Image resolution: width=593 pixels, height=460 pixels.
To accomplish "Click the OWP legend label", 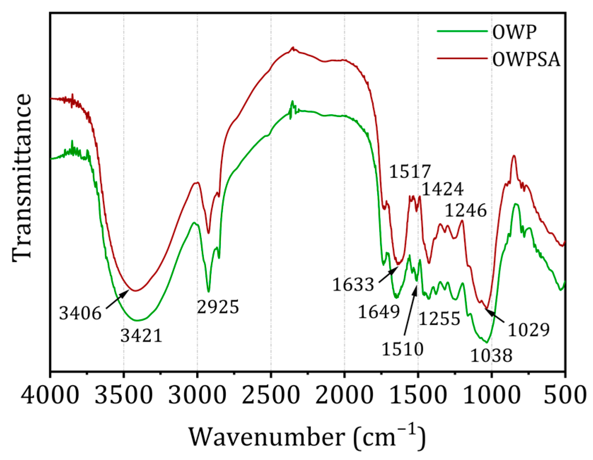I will pyautogui.click(x=515, y=32).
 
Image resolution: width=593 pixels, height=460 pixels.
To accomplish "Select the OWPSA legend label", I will pyautogui.click(x=526, y=59).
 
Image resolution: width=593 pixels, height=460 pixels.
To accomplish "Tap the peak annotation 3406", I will pyautogui.click(x=80, y=313).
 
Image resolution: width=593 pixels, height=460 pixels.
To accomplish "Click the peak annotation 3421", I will pyautogui.click(x=141, y=335).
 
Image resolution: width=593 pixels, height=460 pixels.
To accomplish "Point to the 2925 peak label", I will pyautogui.click(x=218, y=307).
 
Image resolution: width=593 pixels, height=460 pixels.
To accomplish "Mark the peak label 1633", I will pyautogui.click(x=353, y=284).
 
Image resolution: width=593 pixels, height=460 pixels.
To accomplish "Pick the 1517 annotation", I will pyautogui.click(x=410, y=171).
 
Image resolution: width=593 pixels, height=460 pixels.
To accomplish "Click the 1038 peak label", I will pyautogui.click(x=491, y=355).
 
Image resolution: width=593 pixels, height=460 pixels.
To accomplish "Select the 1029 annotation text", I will pyautogui.click(x=529, y=330).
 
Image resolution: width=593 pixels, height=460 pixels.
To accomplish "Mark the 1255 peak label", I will pyautogui.click(x=440, y=318).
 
